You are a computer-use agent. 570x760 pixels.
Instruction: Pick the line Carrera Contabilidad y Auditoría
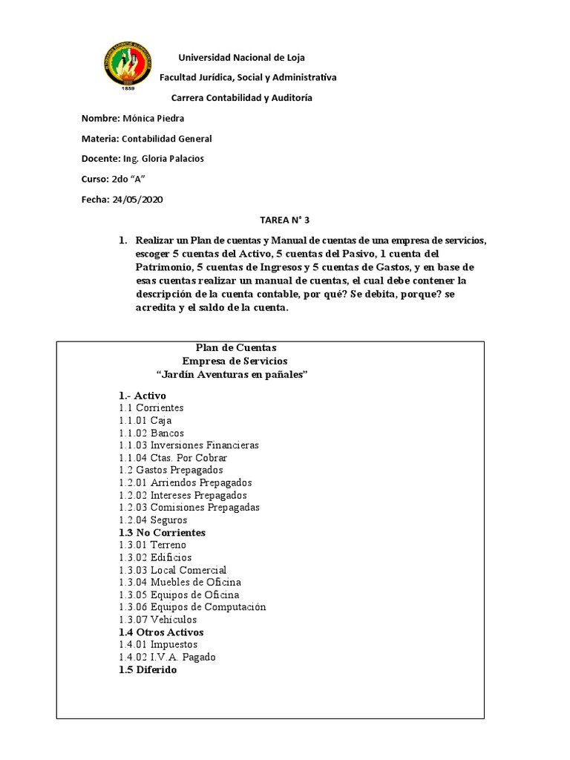click(x=242, y=98)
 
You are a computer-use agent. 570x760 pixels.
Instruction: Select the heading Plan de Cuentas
click(x=235, y=347)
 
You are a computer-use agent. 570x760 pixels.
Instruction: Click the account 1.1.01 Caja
click(x=145, y=420)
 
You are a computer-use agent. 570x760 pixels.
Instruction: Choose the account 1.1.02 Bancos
click(x=151, y=433)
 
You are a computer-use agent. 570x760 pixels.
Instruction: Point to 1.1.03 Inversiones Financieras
click(x=189, y=445)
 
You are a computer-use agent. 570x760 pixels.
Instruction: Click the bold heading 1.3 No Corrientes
click(x=162, y=533)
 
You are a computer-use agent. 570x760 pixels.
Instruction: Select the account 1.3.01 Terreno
click(x=152, y=545)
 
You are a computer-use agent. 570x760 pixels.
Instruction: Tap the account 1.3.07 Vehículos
click(x=157, y=620)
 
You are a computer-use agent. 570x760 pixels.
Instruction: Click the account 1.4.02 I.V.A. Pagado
click(x=167, y=657)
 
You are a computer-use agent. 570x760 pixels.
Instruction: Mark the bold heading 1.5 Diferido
click(x=148, y=669)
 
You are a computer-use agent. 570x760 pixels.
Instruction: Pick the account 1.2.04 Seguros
click(x=152, y=520)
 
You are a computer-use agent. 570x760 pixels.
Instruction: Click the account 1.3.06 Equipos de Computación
click(x=191, y=607)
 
